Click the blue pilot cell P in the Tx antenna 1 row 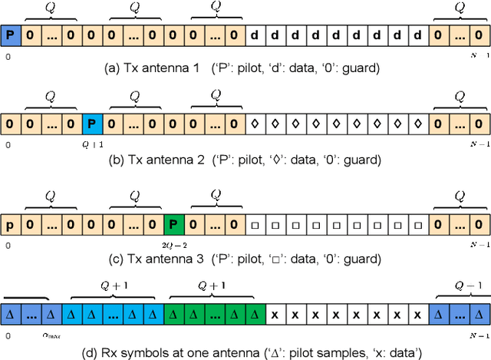[9, 35]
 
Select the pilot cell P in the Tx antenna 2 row [92, 123]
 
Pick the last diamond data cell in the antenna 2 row [417, 123]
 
